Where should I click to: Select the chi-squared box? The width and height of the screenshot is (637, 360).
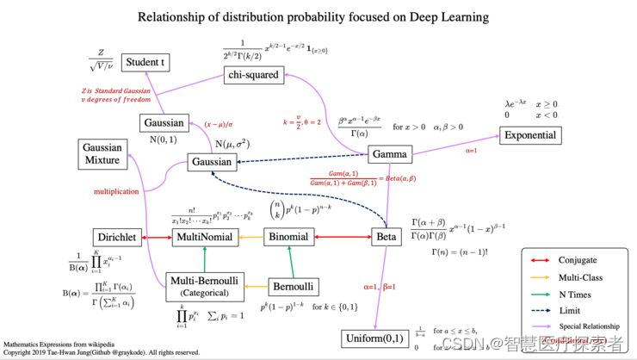(253, 75)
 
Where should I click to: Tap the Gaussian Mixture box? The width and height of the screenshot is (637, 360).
(103, 153)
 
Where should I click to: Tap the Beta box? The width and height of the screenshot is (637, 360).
(385, 237)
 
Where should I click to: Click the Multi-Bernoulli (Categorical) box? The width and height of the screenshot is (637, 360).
(206, 287)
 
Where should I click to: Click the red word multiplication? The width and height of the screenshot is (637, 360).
(117, 192)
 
